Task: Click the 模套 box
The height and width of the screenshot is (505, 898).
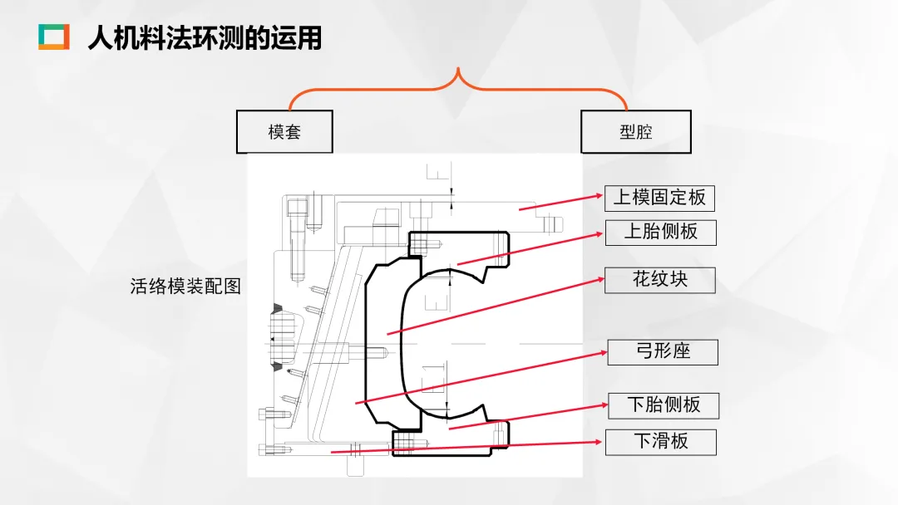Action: pos(284,132)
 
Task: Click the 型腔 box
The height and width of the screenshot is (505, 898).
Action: pos(635,132)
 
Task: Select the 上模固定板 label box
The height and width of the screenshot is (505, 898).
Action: pos(659,198)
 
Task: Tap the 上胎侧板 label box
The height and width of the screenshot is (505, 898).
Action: pos(660,232)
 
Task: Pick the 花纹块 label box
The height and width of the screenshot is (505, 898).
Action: pos(660,279)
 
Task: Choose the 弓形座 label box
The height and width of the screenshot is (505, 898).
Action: pos(662,351)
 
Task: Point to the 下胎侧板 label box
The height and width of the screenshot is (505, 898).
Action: pos(663,405)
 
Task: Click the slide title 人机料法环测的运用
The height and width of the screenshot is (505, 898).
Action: pos(205,38)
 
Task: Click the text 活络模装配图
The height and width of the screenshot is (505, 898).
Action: pos(185,287)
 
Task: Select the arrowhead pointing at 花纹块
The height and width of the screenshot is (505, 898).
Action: pos(600,281)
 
